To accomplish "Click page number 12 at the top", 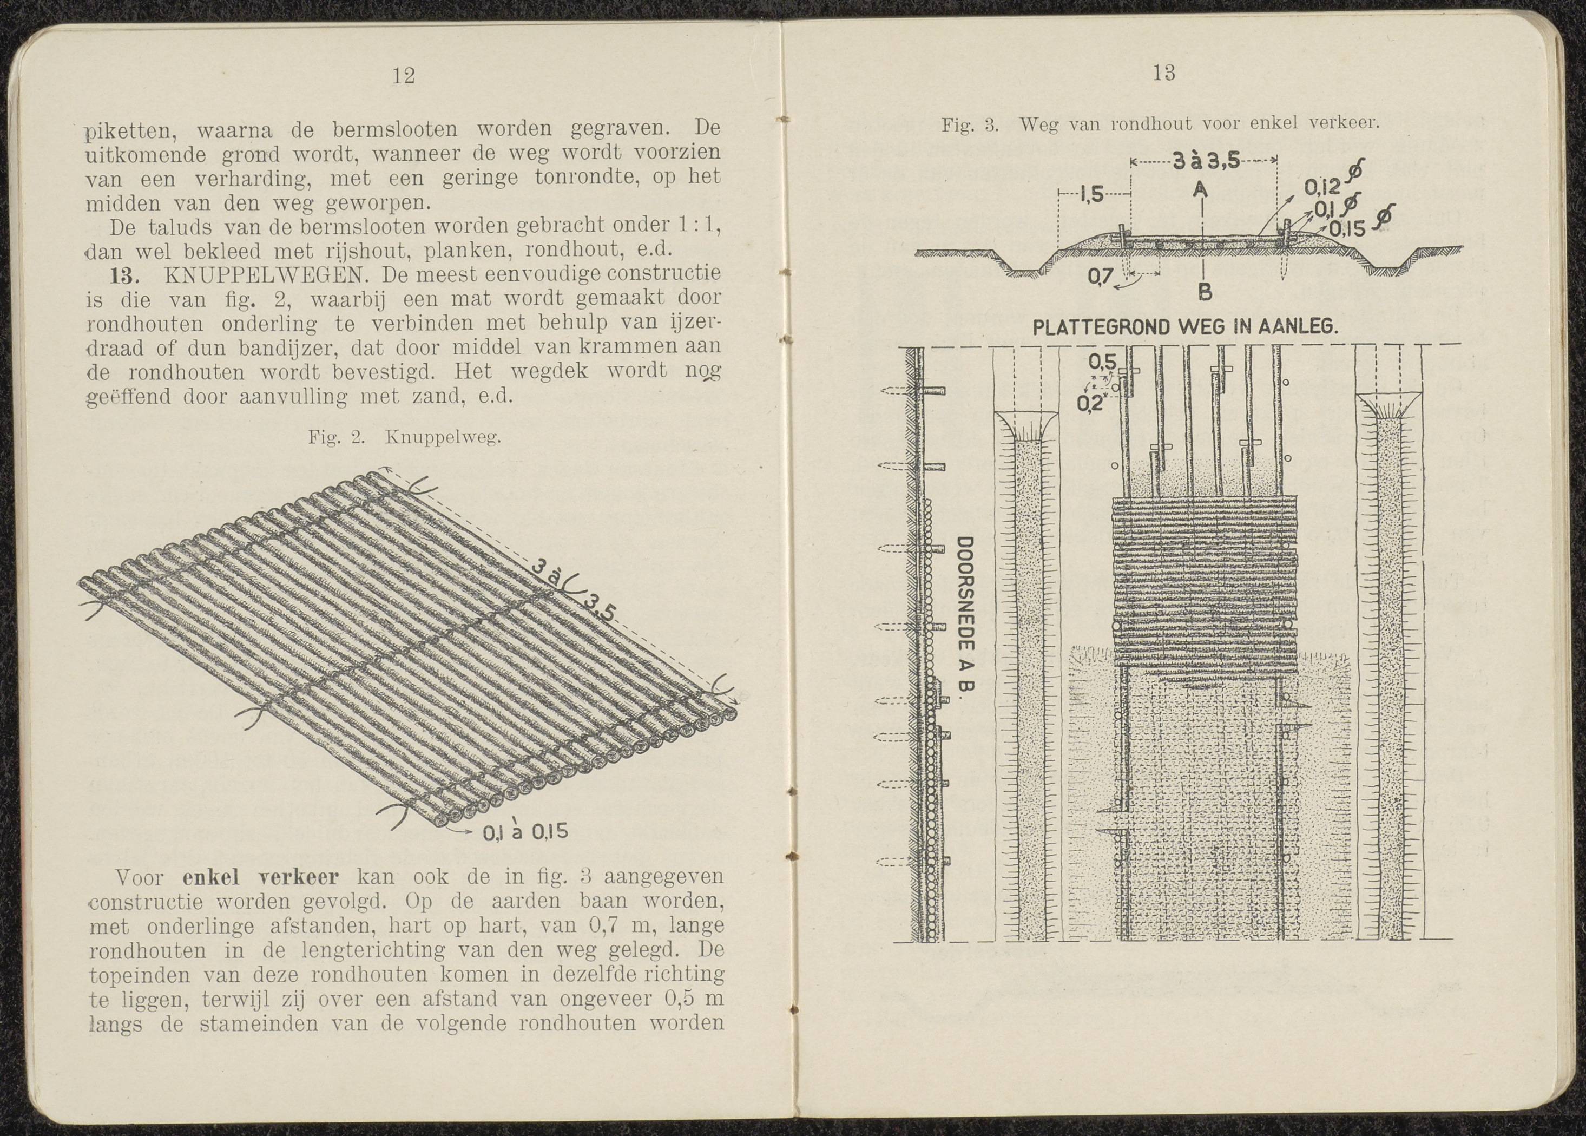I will [404, 76].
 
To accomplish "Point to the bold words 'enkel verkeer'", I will [260, 876].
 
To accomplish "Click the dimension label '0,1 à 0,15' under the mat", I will [525, 832].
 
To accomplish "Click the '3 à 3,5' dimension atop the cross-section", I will [1205, 162].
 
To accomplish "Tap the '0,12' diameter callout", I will [1321, 187].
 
